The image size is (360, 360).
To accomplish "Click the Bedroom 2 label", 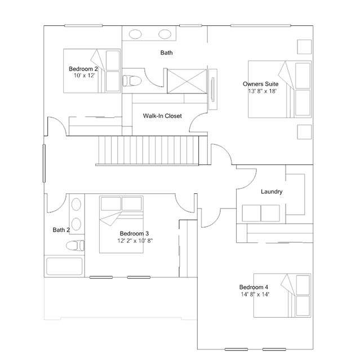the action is click(83, 69).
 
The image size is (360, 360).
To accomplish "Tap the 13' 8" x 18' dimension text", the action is click(262, 91).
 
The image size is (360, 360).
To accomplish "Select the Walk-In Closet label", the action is click(162, 116).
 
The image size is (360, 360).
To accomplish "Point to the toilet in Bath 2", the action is click(75, 246).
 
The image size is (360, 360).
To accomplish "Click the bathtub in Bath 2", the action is click(64, 266).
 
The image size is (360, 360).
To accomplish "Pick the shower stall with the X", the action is click(187, 81).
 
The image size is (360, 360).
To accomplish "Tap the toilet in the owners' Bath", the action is click(132, 81).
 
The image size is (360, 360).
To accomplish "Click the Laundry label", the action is click(272, 192).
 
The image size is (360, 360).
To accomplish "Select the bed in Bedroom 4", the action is click(282, 295).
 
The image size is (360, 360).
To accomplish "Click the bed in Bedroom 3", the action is click(121, 225).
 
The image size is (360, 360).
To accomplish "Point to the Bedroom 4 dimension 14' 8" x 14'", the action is click(255, 294).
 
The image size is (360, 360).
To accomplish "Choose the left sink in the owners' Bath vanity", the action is click(135, 34).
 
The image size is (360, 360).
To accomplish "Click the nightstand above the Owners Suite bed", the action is click(304, 47).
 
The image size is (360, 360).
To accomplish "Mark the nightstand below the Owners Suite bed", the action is click(304, 132).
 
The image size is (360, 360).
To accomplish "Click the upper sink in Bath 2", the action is click(76, 205).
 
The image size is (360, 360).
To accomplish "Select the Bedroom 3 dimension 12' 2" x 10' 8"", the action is click(135, 241).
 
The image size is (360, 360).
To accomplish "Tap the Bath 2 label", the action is click(61, 230).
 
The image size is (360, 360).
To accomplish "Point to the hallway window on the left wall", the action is click(44, 163).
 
